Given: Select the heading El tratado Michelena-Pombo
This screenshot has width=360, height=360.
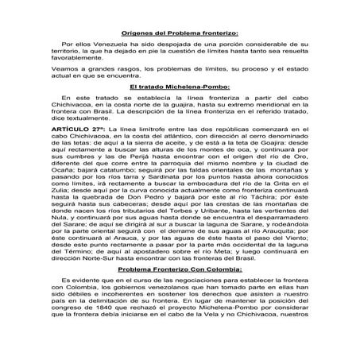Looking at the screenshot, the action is (x=179, y=106).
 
